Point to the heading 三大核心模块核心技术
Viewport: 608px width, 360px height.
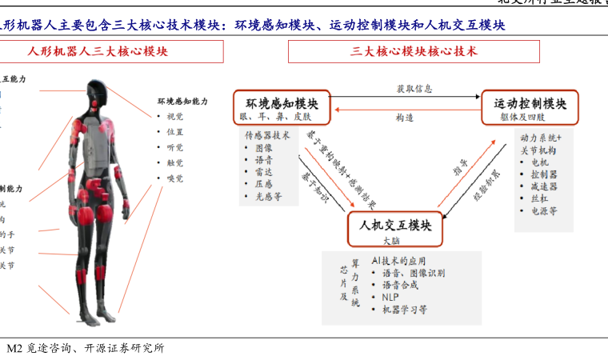(x=414, y=52)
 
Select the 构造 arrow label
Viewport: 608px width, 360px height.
(x=405, y=118)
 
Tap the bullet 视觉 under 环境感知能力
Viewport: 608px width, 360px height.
(x=174, y=117)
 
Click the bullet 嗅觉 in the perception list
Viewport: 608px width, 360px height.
(x=174, y=178)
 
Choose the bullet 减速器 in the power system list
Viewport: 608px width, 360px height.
(x=544, y=186)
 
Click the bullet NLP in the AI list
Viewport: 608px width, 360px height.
(x=391, y=297)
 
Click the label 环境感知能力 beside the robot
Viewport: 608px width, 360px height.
(x=183, y=102)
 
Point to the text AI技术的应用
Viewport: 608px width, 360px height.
(x=399, y=261)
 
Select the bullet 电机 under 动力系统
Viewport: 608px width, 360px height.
(x=540, y=162)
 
